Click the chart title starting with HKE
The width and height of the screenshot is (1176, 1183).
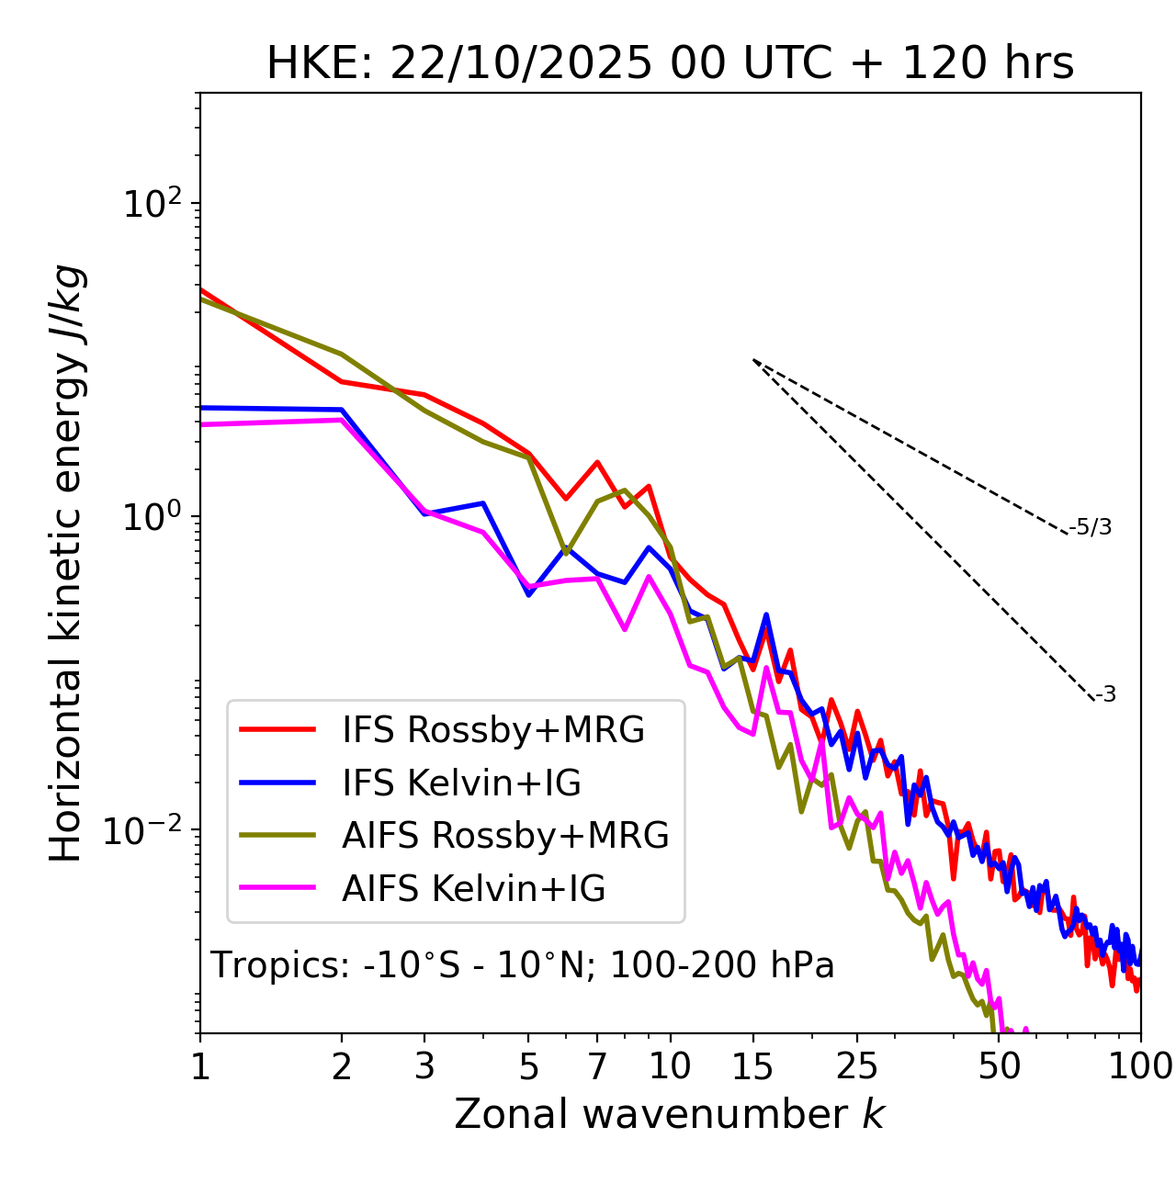tap(670, 64)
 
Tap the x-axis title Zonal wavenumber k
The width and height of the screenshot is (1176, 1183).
tap(670, 1114)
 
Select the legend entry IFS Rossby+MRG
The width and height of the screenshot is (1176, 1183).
tap(492, 730)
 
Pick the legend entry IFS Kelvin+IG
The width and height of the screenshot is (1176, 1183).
tap(461, 783)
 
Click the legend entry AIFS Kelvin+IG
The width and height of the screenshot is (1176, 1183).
tap(473, 889)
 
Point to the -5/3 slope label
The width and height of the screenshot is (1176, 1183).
tap(1091, 527)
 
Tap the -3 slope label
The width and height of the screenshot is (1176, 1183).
tap(1105, 695)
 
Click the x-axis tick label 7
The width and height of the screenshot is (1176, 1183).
tap(597, 1066)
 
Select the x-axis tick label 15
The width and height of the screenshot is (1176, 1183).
tap(752, 1066)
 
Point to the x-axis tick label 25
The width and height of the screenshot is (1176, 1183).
tap(857, 1066)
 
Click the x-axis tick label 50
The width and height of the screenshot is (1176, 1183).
tap(999, 1066)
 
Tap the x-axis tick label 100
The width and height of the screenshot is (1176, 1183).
tap(1140, 1066)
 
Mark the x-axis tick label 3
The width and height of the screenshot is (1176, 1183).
tap(424, 1066)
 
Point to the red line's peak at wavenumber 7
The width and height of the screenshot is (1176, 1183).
tap(597, 462)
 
